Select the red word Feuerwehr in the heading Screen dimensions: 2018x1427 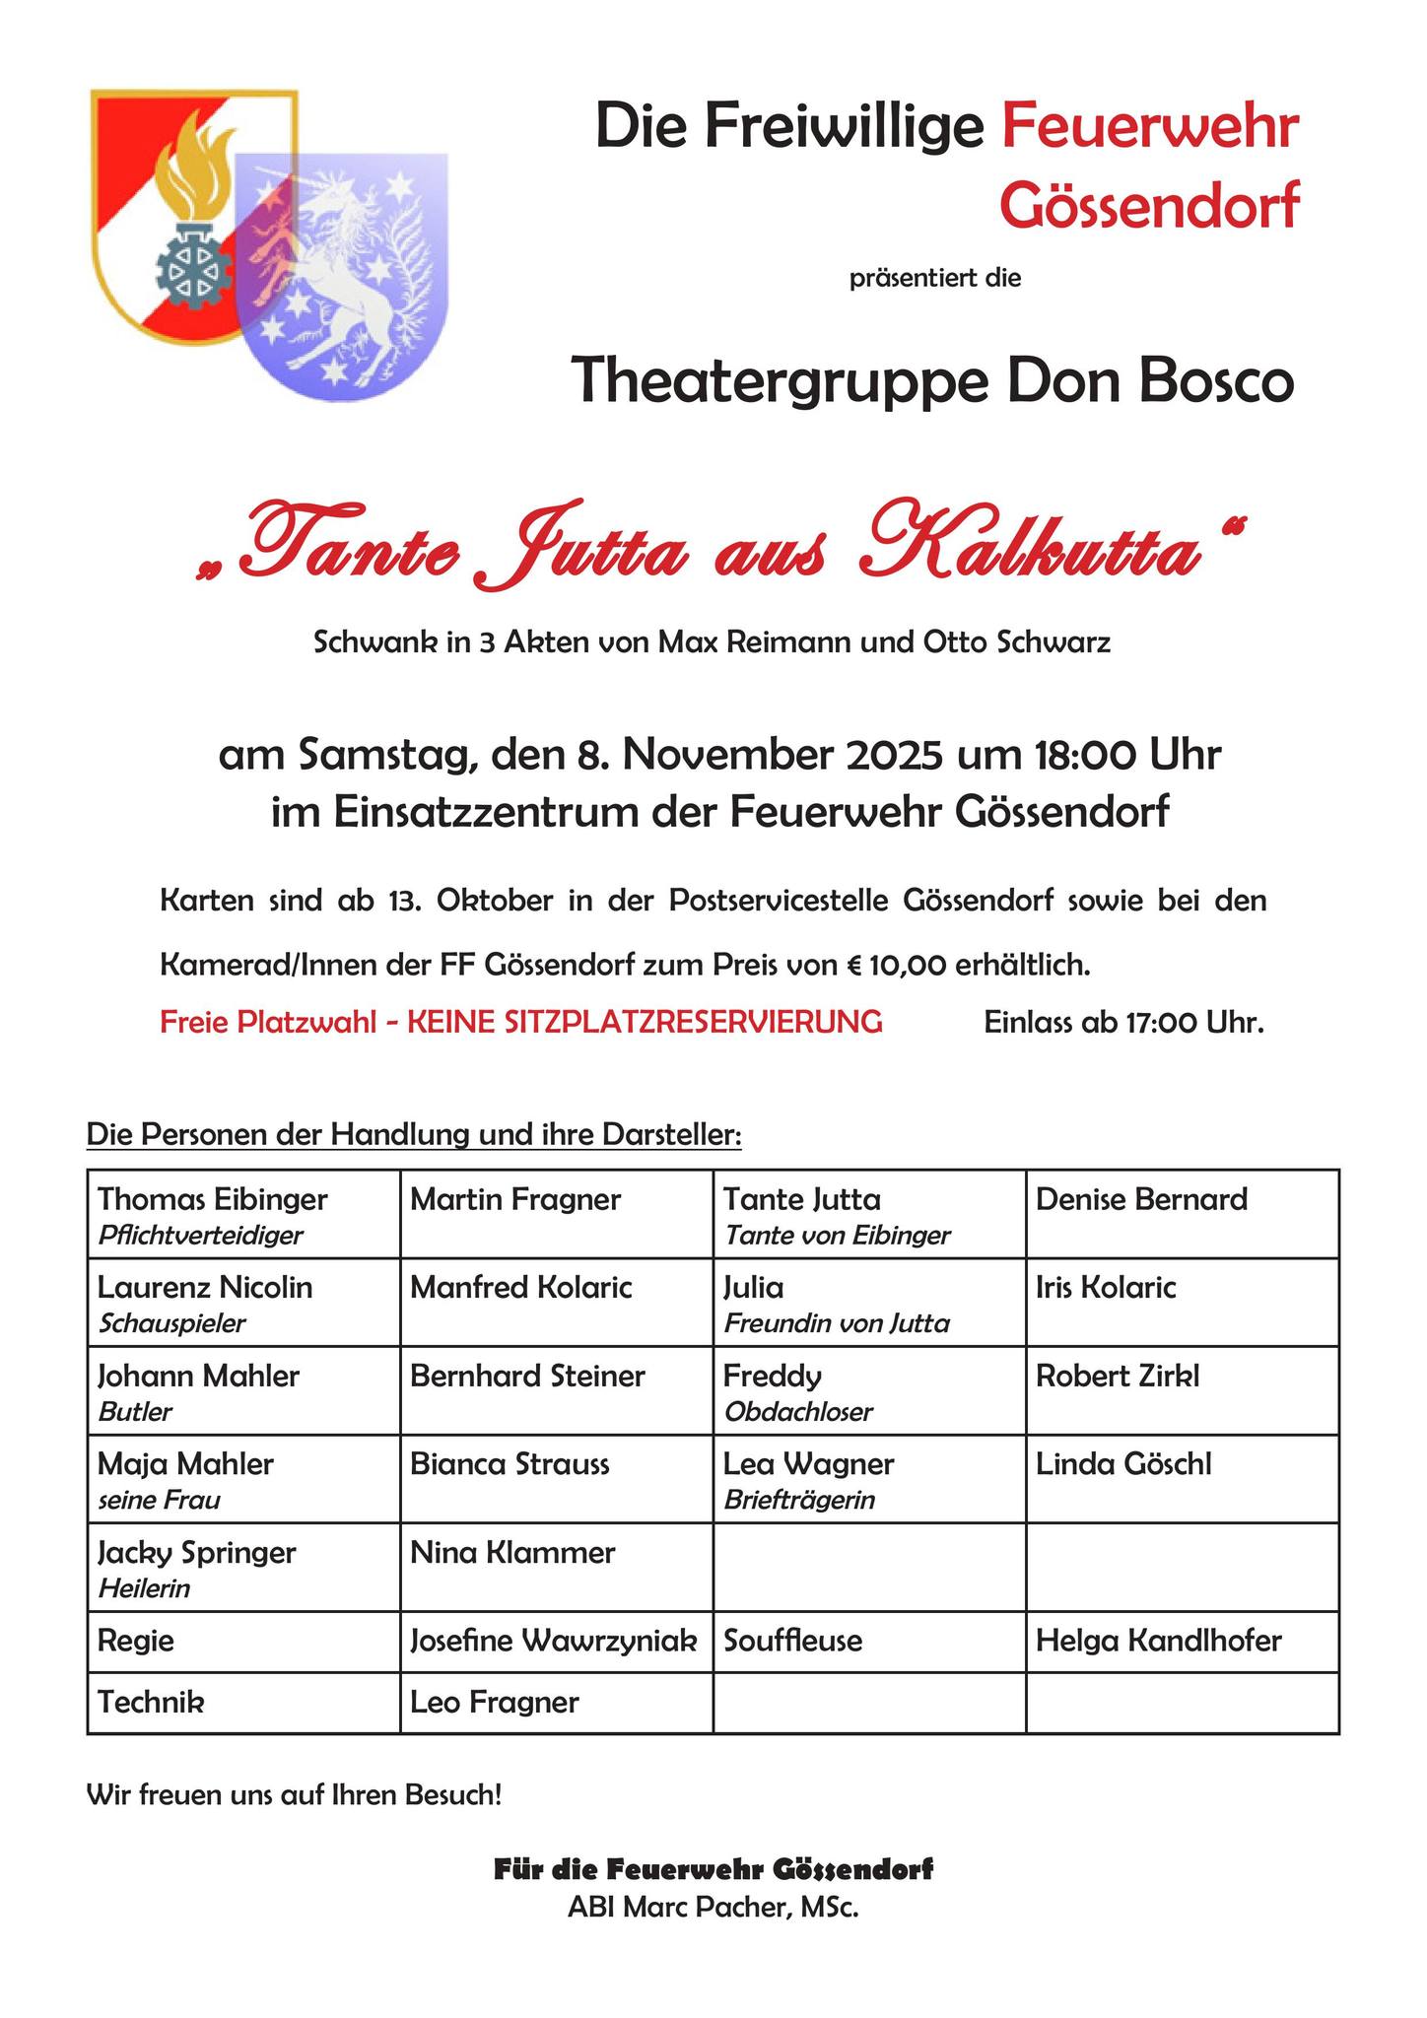tap(1149, 128)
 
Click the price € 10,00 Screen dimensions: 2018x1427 tap(898, 964)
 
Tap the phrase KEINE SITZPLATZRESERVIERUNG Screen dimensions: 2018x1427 tap(645, 1022)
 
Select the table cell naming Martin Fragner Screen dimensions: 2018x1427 tap(515, 1199)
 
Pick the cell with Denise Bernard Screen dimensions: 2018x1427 tap(1141, 1199)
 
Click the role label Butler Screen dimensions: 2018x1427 tap(135, 1412)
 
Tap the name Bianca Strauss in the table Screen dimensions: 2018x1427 tap(510, 1464)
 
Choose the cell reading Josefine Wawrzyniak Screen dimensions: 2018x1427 tap(554, 1641)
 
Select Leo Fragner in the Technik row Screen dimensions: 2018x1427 tap(494, 1702)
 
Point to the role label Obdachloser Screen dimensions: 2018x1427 tap(798, 1412)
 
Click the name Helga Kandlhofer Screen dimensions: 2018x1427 tap(1158, 1641)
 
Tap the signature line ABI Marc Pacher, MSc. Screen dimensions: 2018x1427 tap(713, 1908)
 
